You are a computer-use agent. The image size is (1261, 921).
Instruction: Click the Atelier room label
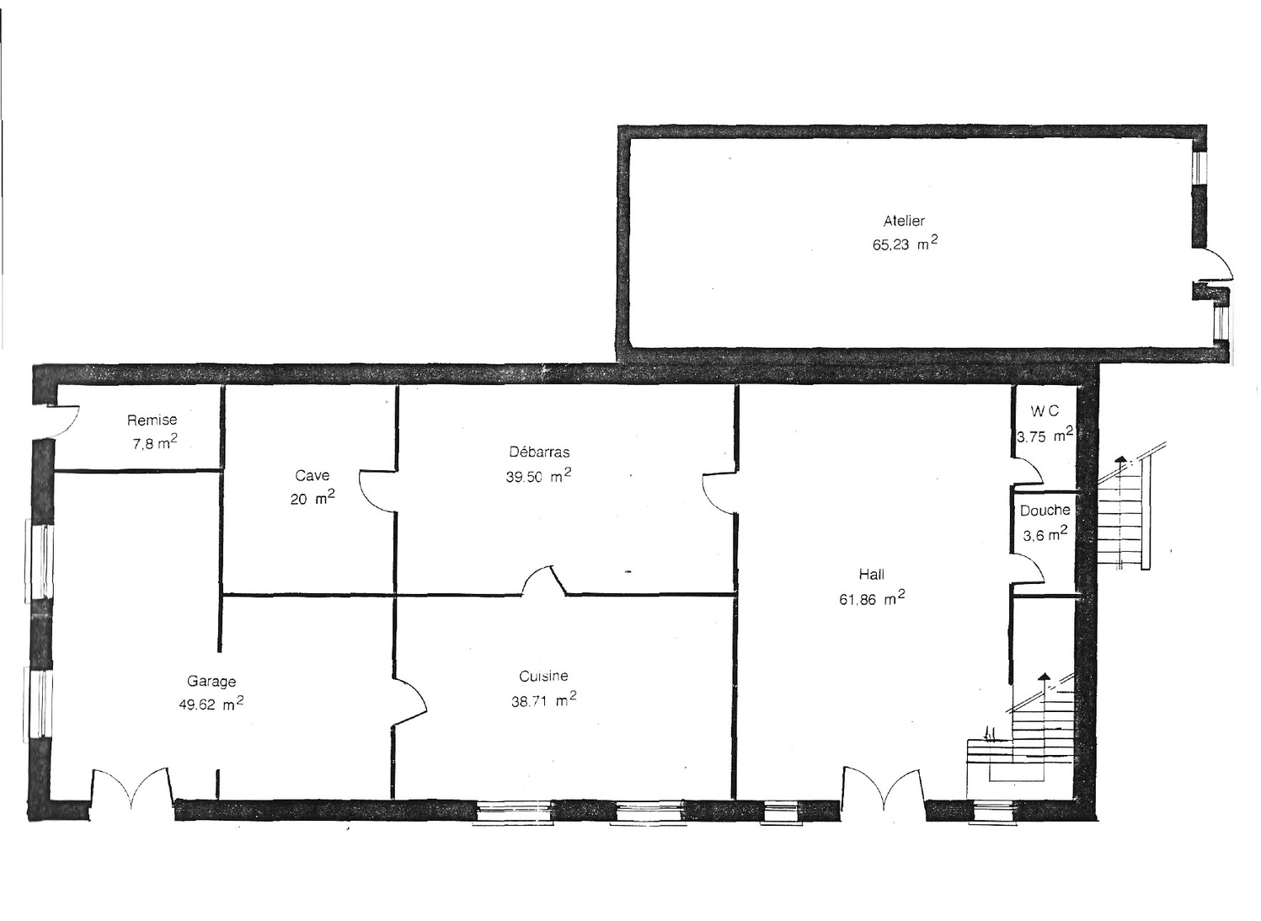click(904, 221)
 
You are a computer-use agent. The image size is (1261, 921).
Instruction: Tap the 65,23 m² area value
click(905, 245)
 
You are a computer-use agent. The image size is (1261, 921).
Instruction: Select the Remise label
click(152, 420)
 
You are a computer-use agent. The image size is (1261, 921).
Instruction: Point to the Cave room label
click(313, 475)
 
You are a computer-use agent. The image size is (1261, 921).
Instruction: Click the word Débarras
click(539, 452)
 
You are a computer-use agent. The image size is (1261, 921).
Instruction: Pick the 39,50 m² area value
click(538, 477)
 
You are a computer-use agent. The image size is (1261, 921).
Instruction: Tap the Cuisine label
click(543, 676)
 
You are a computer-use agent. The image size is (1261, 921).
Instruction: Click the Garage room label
click(211, 681)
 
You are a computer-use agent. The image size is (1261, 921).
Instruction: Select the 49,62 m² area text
click(211, 704)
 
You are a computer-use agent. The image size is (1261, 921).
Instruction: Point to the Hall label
click(872, 575)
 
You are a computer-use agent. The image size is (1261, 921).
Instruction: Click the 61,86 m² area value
click(872, 599)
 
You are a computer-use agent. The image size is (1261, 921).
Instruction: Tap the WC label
click(1045, 412)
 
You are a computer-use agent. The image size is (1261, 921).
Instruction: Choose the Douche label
click(1045, 511)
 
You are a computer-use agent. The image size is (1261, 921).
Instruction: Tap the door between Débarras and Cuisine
click(544, 581)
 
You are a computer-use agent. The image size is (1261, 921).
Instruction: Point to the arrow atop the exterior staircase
click(1120, 459)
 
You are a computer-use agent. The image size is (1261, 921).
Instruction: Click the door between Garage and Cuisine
click(411, 699)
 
